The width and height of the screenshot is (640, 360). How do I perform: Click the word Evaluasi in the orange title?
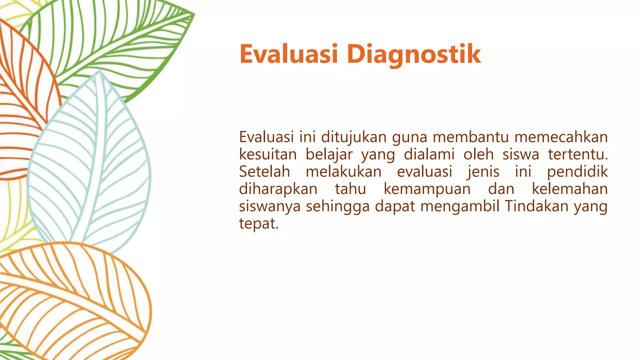coord(289,54)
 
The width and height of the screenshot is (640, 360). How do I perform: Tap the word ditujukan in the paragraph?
coord(354,137)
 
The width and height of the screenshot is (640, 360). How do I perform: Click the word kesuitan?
coord(268,154)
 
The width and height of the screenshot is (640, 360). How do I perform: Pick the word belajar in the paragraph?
coord(329,155)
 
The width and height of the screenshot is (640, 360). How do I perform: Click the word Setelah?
coord(265,172)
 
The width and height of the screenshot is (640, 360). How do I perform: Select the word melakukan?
coord(343,172)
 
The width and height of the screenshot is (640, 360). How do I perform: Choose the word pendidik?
coord(577,172)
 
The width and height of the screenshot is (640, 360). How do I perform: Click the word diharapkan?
coord(278,189)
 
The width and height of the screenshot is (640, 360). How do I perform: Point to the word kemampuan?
coord(427,189)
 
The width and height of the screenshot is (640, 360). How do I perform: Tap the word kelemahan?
coord(570,189)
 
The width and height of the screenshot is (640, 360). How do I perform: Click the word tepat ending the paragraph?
coord(258,224)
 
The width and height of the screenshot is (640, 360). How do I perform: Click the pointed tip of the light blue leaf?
coord(99,71)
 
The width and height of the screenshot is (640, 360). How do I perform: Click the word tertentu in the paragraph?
coord(578,154)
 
